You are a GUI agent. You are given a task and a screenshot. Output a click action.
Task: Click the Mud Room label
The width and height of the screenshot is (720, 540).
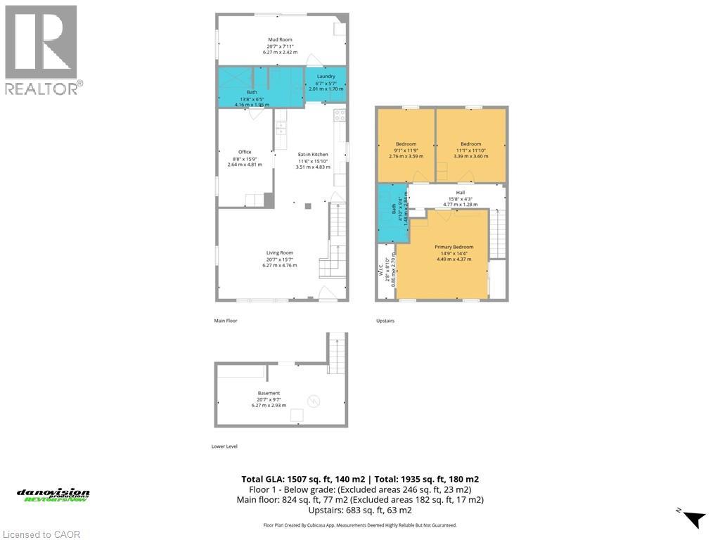(x=280, y=40)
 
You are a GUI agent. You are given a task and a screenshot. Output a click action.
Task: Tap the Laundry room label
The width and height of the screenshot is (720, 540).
(x=326, y=76)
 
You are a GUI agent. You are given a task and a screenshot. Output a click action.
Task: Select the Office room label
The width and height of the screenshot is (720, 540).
(x=244, y=152)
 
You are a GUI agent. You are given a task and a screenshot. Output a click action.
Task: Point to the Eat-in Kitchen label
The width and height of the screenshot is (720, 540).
(x=313, y=154)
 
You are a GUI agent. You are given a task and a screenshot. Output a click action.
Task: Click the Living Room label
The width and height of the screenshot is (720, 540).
(x=279, y=253)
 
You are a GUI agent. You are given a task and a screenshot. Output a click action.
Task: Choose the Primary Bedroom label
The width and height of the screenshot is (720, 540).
(x=454, y=247)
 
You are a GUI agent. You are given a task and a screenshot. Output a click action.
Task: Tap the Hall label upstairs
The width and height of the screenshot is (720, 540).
(x=460, y=193)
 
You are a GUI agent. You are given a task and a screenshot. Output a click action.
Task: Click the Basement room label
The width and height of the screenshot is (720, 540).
(x=269, y=393)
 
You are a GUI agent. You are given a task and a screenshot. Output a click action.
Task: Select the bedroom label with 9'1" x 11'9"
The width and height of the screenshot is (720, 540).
(x=406, y=144)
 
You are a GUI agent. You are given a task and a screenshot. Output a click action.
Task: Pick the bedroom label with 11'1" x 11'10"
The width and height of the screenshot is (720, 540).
(x=470, y=144)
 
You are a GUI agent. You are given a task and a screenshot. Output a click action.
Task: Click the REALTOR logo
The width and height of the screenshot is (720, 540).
(x=43, y=50)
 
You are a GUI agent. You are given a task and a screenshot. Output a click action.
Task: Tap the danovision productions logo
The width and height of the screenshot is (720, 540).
(x=53, y=495)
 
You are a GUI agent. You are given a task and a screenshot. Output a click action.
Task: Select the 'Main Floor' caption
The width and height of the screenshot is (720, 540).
(x=226, y=321)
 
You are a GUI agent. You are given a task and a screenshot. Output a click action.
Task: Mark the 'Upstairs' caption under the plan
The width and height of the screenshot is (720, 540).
(x=385, y=321)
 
